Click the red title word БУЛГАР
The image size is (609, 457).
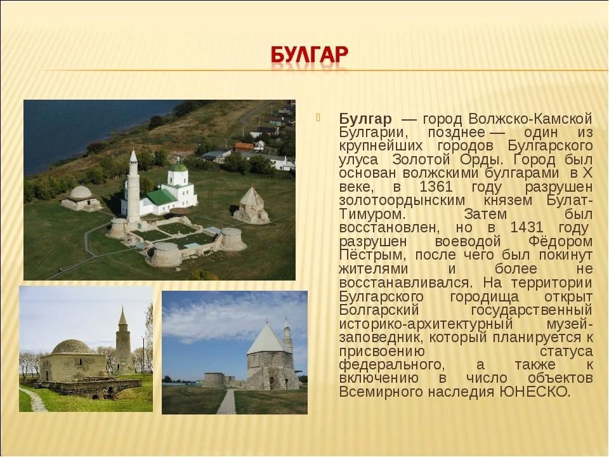click(x=309, y=55)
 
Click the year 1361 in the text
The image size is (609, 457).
click(x=436, y=187)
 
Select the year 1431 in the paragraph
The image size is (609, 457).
click(x=527, y=227)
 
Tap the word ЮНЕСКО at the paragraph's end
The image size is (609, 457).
click(x=534, y=392)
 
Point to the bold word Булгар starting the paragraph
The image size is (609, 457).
click(x=365, y=119)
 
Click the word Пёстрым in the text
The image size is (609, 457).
click(x=373, y=255)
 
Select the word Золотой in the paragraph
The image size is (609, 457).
click(x=422, y=159)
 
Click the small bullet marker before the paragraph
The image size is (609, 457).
click(x=318, y=117)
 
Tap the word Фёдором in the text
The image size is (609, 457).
click(x=560, y=241)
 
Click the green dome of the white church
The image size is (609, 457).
click(x=178, y=168)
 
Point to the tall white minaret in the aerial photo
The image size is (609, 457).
click(x=133, y=187)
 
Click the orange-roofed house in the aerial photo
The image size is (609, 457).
click(x=244, y=147)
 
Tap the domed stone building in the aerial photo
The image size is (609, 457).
click(x=81, y=198)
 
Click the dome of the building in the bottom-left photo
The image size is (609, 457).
click(x=72, y=347)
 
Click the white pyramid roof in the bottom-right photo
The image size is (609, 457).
click(x=267, y=339)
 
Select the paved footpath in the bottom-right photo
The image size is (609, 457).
click(x=227, y=401)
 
